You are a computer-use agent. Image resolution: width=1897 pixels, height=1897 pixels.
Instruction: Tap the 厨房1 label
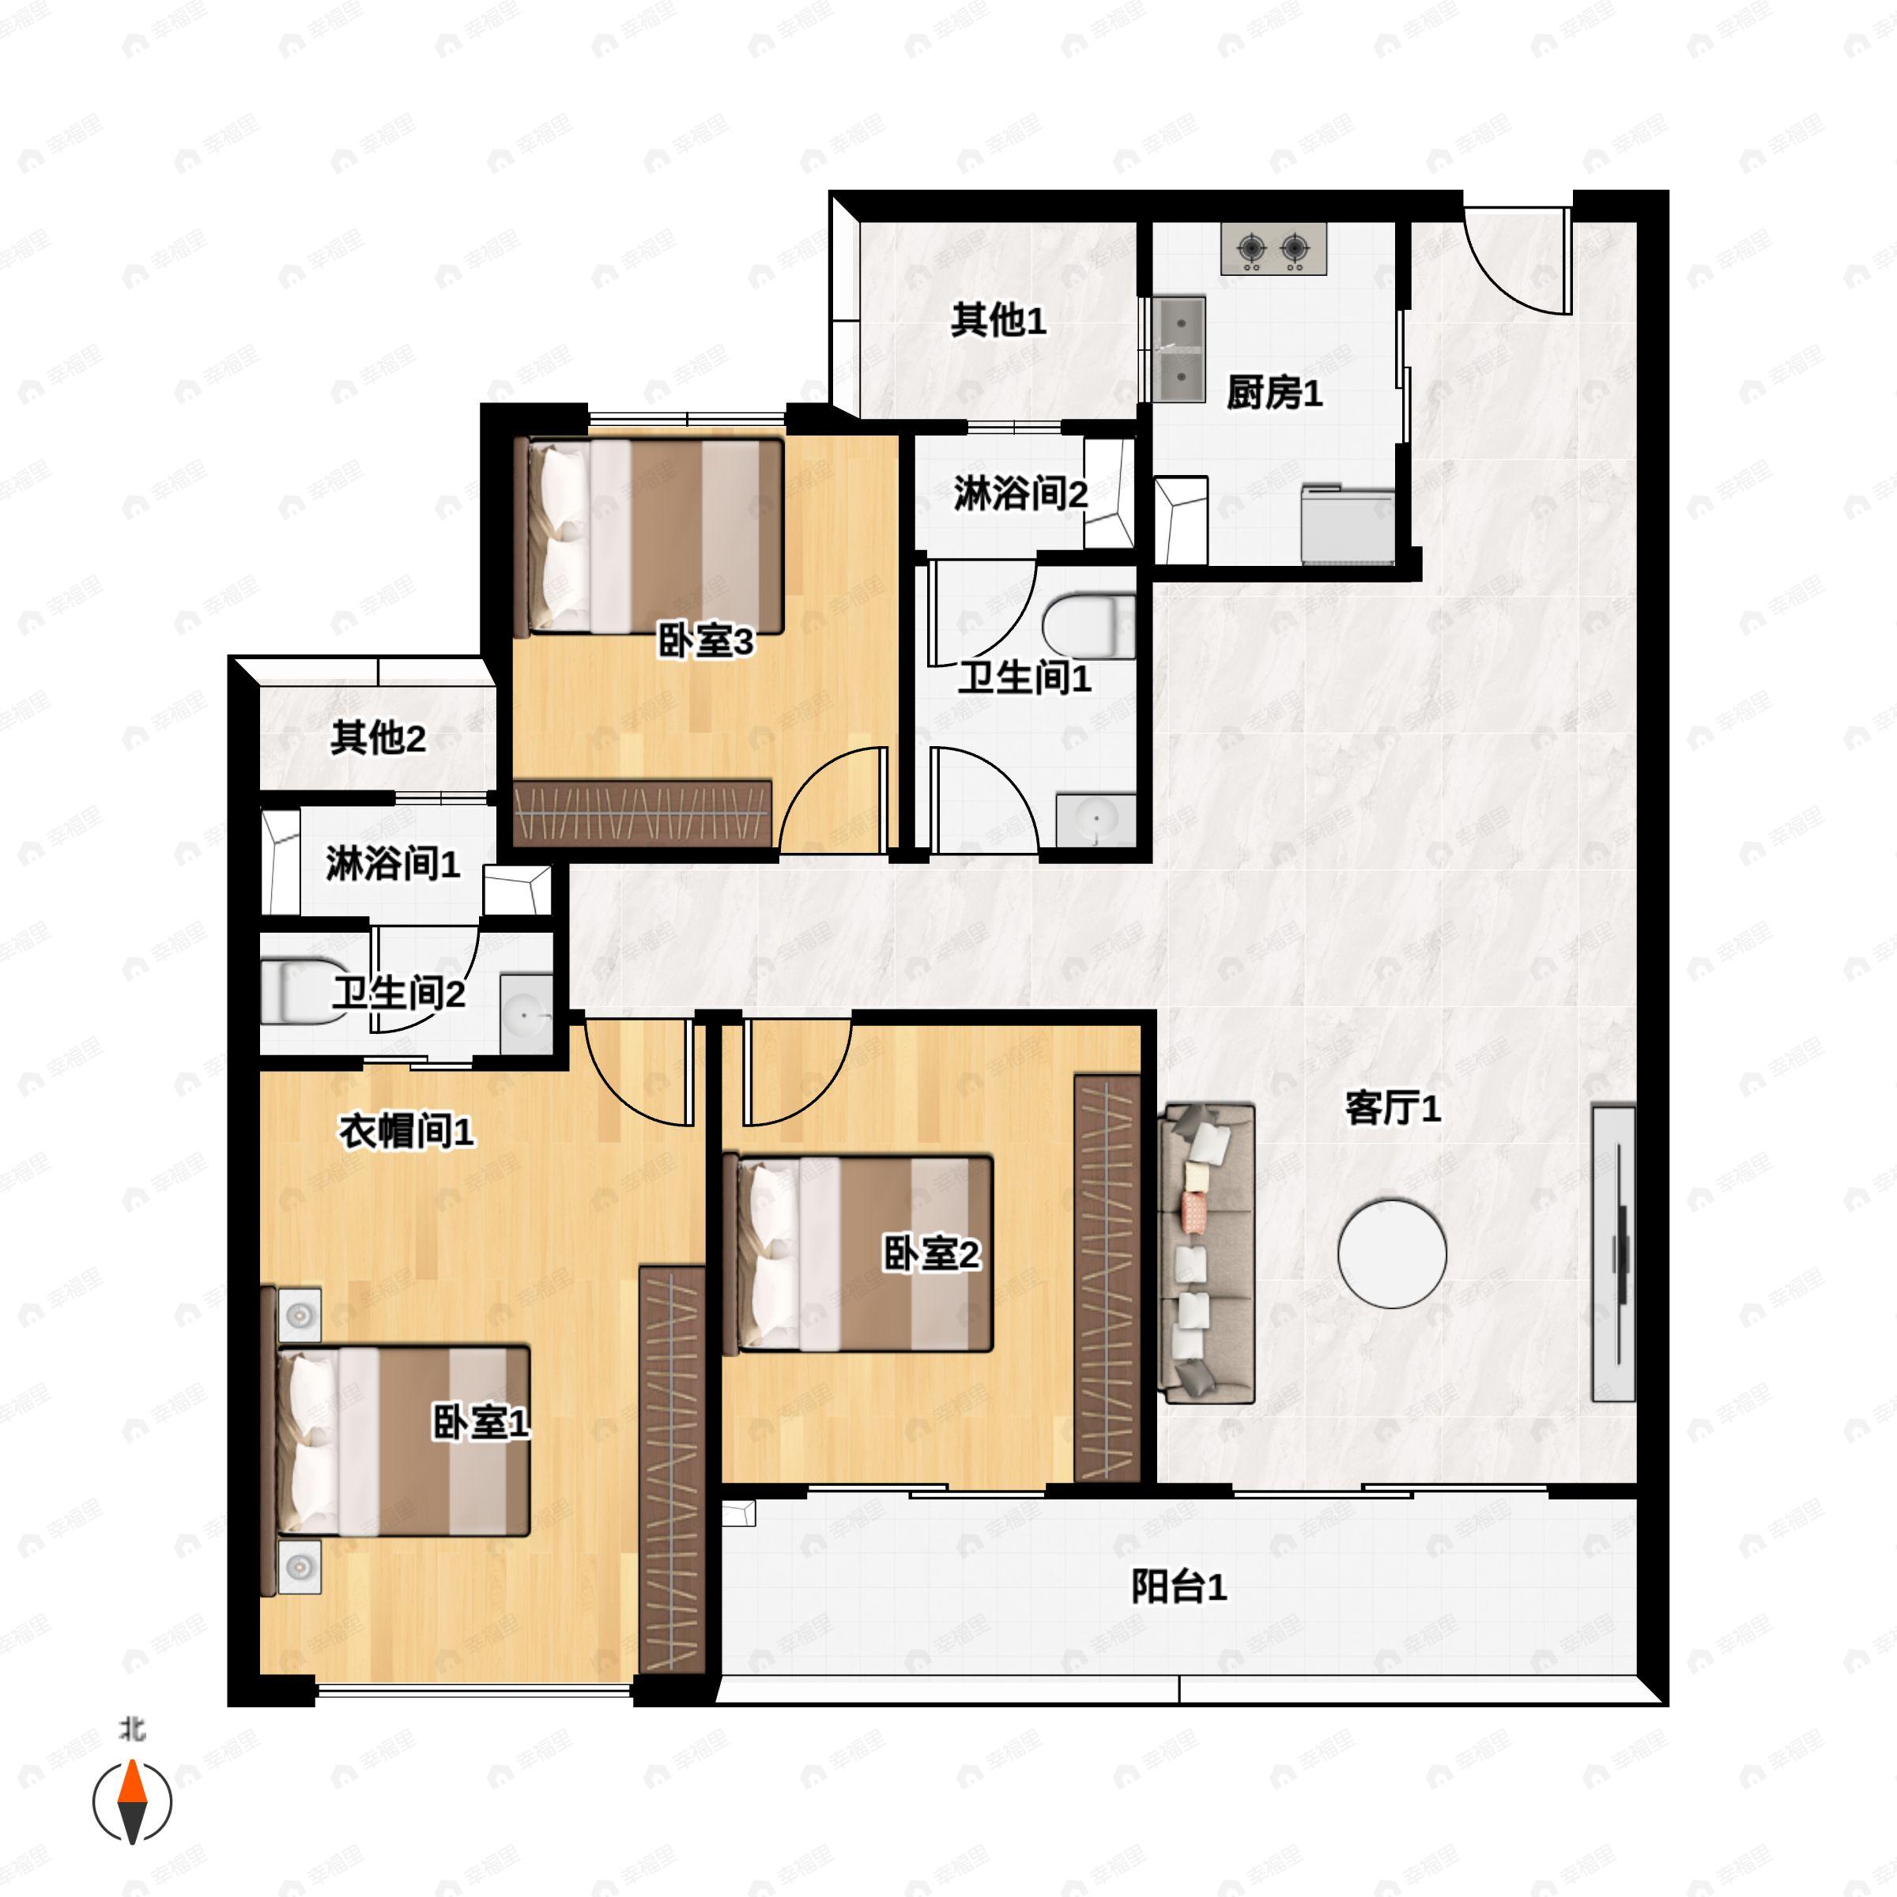[1273, 394]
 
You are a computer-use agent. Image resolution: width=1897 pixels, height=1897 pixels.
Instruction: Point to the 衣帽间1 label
[406, 1132]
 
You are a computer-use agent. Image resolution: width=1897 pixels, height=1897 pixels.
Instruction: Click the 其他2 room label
[378, 738]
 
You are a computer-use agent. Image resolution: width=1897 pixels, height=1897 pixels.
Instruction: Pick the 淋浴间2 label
[1021, 494]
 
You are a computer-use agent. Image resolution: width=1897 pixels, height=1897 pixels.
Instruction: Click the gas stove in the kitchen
[1273, 248]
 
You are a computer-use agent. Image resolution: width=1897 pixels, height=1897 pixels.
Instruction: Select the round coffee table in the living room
[1391, 1254]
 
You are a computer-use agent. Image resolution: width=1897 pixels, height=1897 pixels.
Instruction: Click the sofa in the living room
[1207, 1253]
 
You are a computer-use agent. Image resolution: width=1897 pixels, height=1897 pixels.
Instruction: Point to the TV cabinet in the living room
[1613, 1253]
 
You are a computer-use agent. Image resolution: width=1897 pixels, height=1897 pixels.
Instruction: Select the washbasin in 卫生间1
[1096, 820]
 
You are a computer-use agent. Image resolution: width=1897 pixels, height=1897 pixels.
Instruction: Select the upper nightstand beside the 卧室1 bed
[300, 1314]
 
